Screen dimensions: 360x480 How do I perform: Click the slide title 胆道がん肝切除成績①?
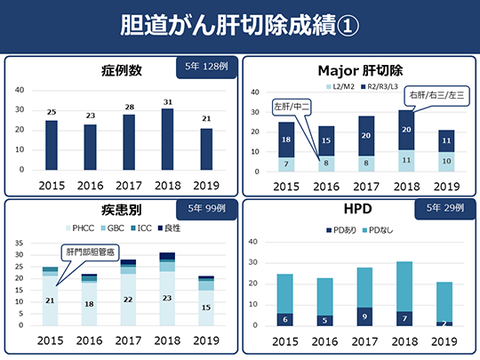[x=239, y=25]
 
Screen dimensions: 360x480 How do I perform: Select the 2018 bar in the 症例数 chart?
[x=167, y=139]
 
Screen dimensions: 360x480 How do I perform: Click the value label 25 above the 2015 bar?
[x=52, y=112]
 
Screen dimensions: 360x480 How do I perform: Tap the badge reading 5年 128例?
[x=207, y=67]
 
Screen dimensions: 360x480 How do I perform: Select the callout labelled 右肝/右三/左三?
[x=436, y=94]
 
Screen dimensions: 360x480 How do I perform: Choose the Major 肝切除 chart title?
[x=359, y=68]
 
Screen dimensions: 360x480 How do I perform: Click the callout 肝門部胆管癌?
[x=87, y=252]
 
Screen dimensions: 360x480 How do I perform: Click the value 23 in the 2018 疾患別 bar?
[x=167, y=299]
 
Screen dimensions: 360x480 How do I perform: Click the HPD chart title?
[x=359, y=212]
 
